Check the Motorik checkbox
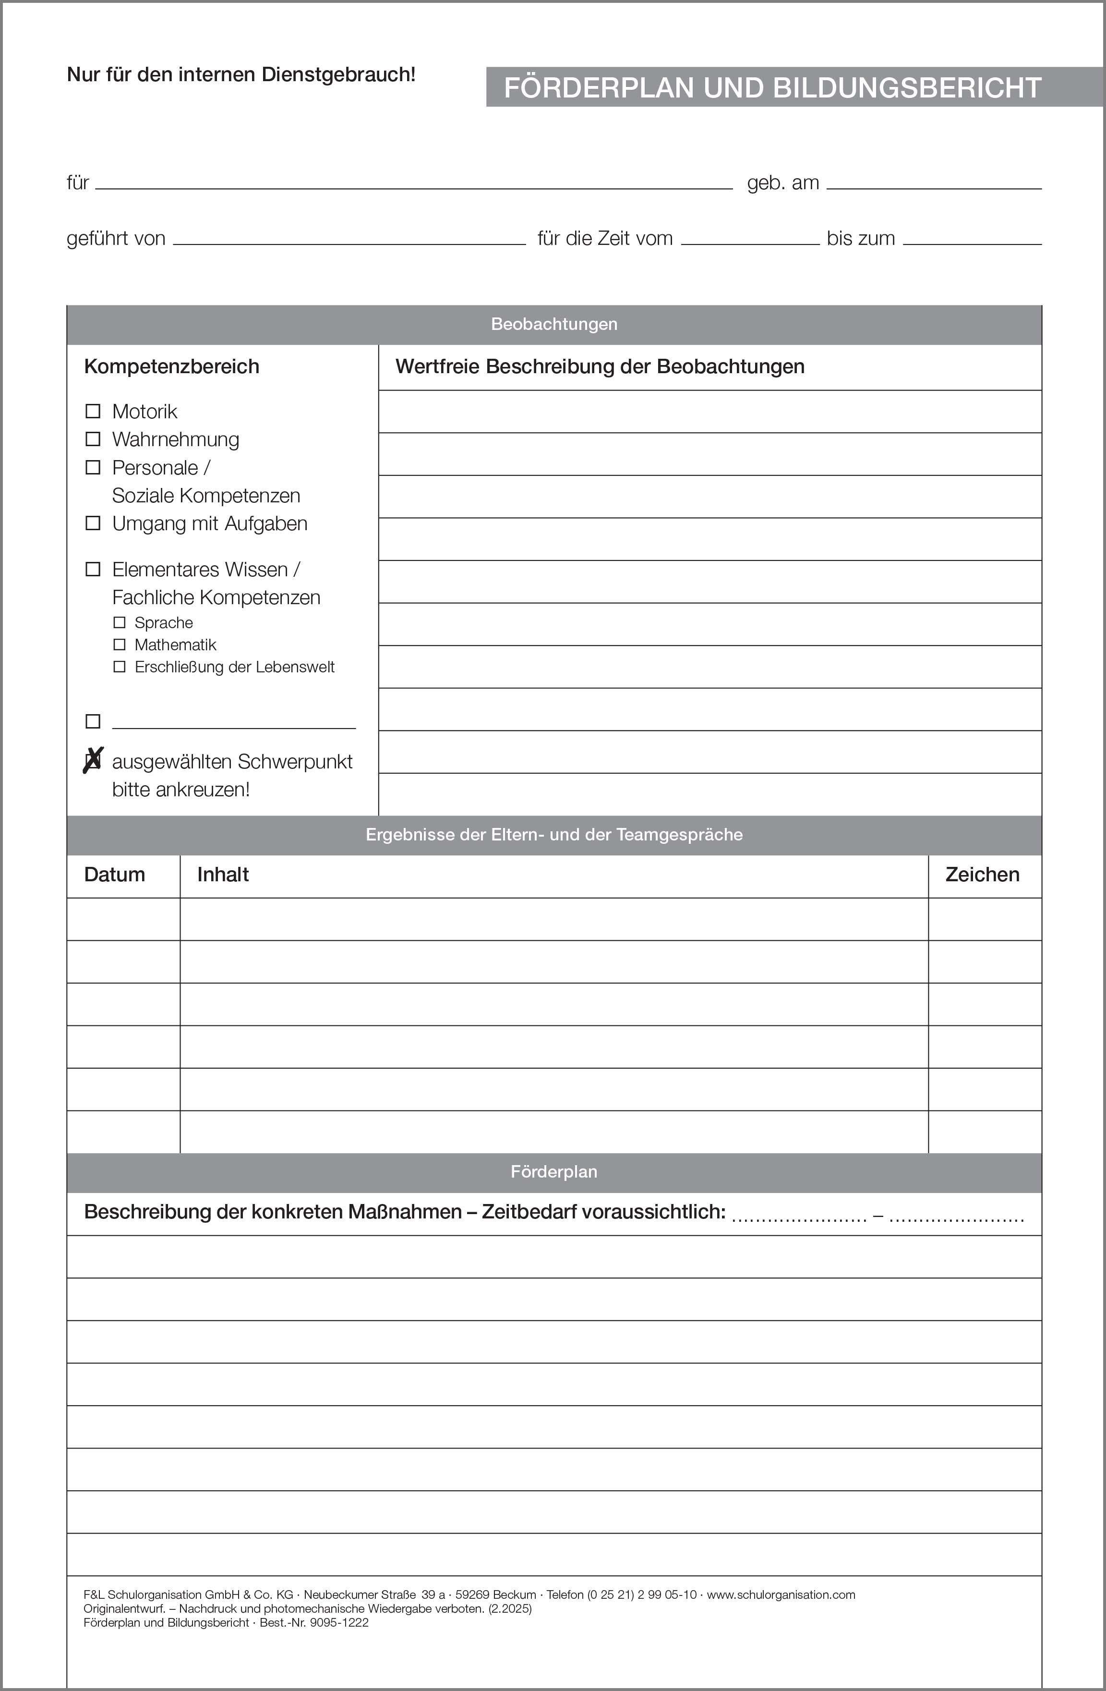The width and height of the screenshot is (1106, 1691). [x=93, y=412]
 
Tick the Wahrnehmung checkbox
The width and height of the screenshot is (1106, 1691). [x=93, y=439]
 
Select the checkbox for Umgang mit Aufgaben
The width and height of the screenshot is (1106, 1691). [x=93, y=523]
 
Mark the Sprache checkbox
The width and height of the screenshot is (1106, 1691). [x=120, y=622]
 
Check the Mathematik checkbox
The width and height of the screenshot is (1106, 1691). [x=120, y=645]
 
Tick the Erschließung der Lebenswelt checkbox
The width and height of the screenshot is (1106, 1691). [x=120, y=667]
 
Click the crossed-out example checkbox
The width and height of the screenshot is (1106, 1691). [x=93, y=761]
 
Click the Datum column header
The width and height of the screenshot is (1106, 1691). [x=114, y=875]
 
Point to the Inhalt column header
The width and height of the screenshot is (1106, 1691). [x=223, y=875]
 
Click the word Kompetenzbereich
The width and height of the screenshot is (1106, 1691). [x=172, y=366]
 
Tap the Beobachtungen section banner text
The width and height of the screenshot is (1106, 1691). [x=554, y=324]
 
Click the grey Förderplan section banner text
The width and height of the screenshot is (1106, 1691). [x=554, y=1172]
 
